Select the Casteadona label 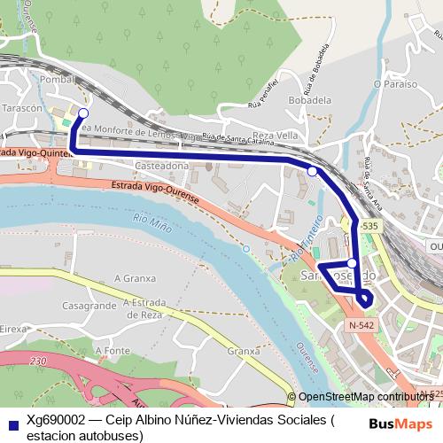(162, 166)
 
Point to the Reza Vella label (275, 135)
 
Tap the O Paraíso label (394, 84)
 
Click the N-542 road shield (361, 326)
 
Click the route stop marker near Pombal (83, 113)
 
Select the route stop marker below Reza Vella (312, 171)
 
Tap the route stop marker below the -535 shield (352, 263)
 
